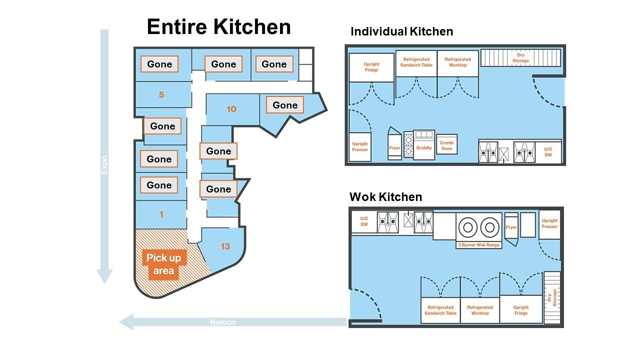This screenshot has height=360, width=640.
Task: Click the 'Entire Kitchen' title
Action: (219, 26)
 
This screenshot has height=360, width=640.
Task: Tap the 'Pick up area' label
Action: (163, 264)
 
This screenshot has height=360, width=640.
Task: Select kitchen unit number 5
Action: (161, 94)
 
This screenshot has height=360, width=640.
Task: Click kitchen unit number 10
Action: (231, 109)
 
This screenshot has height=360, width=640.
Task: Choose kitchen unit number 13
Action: (225, 246)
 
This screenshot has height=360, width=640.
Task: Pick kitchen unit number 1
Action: (161, 214)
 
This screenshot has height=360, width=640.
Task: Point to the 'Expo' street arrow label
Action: (104, 165)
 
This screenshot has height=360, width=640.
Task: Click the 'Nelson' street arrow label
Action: (223, 322)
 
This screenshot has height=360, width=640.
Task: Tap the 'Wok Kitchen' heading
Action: (385, 197)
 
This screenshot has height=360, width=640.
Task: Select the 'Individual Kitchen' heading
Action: (401, 31)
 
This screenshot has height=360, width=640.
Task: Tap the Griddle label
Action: (424, 147)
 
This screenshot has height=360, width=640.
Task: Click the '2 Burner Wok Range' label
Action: (479, 245)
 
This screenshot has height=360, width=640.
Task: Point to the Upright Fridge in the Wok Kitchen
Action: (521, 310)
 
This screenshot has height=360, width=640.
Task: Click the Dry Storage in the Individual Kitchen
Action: (520, 57)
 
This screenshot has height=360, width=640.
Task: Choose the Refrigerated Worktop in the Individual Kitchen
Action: (457, 63)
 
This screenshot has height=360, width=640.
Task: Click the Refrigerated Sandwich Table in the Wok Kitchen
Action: (440, 310)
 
